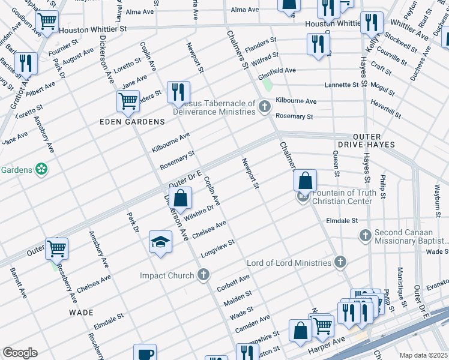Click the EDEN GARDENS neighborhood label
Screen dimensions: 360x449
pos(132,122)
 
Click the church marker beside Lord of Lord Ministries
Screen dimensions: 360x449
pos(340,262)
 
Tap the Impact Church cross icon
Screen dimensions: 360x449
pos(203,275)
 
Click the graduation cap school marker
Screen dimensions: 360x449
pos(160,241)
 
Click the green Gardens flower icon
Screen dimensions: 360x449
pos(41,170)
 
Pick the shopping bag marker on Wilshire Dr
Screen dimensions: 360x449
pos(180,197)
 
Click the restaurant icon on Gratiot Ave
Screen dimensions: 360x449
pos(26,62)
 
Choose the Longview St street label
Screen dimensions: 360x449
pos(217,248)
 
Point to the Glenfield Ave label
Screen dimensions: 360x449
pos(277,70)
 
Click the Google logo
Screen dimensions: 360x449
pos(20,353)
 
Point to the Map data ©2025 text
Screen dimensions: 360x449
pos(423,355)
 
